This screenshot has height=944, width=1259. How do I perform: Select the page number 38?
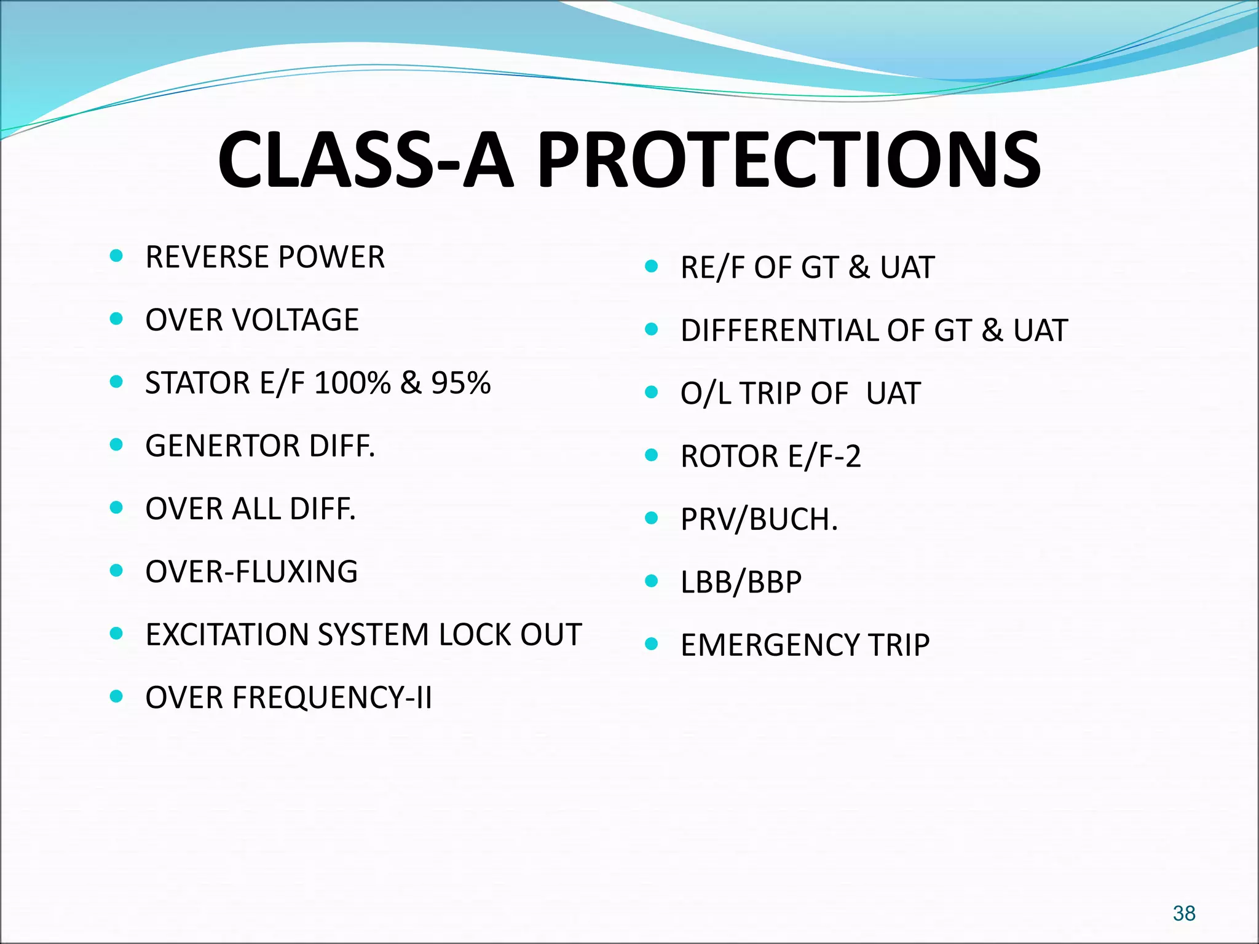(1184, 913)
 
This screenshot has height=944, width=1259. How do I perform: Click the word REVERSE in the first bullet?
(201, 257)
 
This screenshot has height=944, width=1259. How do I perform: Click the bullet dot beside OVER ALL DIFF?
(116, 508)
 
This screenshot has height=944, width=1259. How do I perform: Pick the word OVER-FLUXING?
(251, 572)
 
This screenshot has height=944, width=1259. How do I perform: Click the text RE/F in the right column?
(712, 267)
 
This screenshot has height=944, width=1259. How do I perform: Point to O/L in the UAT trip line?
(706, 393)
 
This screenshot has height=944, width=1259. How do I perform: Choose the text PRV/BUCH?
(759, 519)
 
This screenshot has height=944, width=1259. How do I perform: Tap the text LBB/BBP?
(741, 582)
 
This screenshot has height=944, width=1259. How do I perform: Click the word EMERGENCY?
(770, 645)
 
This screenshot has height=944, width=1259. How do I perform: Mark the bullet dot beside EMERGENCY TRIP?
(652, 644)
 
